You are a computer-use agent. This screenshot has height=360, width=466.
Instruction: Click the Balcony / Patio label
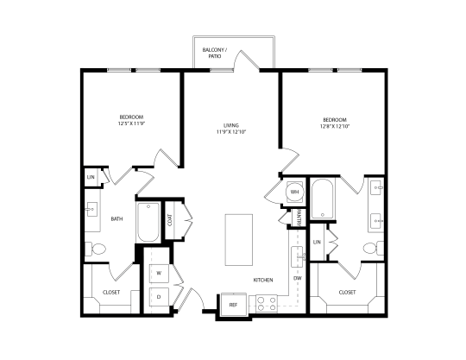click(x=214, y=53)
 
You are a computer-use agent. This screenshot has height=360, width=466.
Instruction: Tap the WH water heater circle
click(x=294, y=192)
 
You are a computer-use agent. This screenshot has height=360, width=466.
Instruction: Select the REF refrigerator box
click(x=234, y=305)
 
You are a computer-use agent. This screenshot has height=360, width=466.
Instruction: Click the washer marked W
click(x=159, y=273)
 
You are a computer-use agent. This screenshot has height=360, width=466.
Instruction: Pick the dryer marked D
click(x=159, y=297)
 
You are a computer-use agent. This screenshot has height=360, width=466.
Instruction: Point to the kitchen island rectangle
click(x=239, y=240)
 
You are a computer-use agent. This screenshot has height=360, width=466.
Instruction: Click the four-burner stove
click(x=267, y=304)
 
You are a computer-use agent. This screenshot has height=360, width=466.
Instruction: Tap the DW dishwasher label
click(x=298, y=278)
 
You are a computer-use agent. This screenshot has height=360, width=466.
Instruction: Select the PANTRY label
click(x=299, y=218)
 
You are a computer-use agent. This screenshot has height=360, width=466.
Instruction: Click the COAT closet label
click(x=170, y=220)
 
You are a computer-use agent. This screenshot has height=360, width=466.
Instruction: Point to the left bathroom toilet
click(x=95, y=249)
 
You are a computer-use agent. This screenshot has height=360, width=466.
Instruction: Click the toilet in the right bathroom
click(x=374, y=248)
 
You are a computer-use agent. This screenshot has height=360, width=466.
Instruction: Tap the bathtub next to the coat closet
click(x=148, y=222)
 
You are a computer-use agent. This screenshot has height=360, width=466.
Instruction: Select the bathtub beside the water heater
click(x=323, y=199)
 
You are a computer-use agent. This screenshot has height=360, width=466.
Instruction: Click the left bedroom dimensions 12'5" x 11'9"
click(x=131, y=123)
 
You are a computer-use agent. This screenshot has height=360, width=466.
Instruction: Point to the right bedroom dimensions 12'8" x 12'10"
click(x=335, y=126)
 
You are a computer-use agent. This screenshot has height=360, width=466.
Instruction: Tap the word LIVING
click(x=231, y=125)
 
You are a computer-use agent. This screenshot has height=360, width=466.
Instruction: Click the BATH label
click(x=116, y=218)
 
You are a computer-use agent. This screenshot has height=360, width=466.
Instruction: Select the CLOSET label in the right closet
click(x=347, y=292)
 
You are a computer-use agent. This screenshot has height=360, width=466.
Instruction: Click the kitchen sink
click(x=297, y=257)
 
